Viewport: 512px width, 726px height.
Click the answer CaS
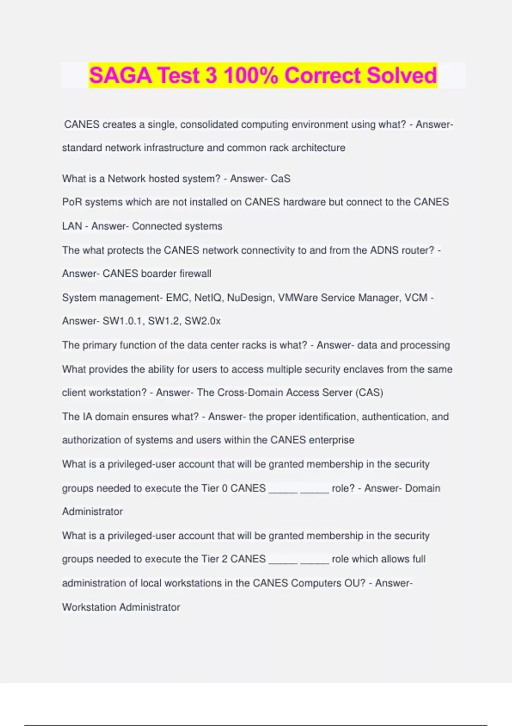tap(281, 179)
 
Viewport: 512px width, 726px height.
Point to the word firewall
tap(195, 273)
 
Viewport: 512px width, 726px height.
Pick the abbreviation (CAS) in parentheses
tap(369, 392)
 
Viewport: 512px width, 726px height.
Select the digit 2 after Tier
tap(225, 559)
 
